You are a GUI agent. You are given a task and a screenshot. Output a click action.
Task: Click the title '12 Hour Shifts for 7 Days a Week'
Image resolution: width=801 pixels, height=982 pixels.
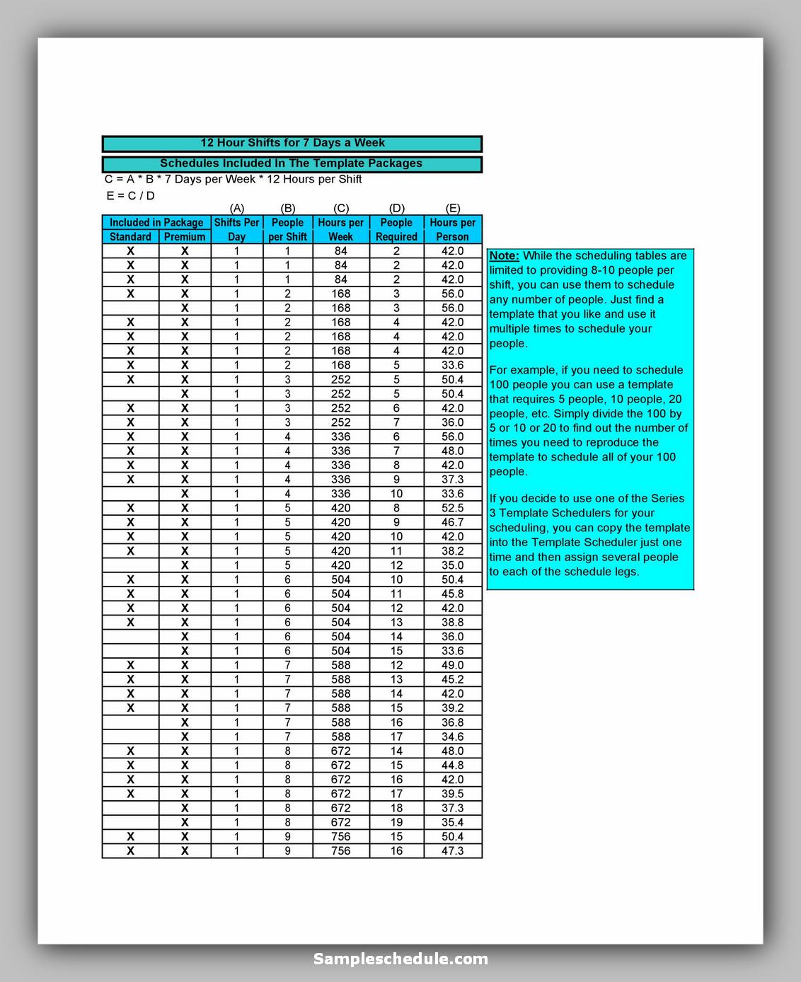point(292,143)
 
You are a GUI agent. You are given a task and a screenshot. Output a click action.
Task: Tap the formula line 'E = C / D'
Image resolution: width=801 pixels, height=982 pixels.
point(130,195)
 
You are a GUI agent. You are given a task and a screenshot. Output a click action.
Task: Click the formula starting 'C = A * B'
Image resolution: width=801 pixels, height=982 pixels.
point(233,179)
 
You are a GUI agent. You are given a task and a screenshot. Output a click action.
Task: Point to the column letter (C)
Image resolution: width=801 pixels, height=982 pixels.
point(341,208)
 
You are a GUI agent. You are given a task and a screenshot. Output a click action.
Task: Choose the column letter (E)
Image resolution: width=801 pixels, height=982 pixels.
point(453,208)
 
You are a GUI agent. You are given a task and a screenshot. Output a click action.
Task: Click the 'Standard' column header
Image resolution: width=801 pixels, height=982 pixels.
point(130,237)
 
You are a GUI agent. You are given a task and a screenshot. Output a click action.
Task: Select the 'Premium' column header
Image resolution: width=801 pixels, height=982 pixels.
point(185,237)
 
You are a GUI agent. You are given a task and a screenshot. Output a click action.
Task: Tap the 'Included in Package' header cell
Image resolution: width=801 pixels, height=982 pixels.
point(156,222)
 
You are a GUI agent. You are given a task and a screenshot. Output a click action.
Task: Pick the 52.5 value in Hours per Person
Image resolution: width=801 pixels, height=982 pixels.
point(453,508)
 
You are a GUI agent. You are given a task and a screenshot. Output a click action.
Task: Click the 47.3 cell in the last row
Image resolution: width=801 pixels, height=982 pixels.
point(453,851)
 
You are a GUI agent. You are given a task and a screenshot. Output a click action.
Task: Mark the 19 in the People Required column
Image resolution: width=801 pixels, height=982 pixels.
point(396,822)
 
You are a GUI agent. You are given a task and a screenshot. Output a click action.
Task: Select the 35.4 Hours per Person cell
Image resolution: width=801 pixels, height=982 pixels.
point(453,822)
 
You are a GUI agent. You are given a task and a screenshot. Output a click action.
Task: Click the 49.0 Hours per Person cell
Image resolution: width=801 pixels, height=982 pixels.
point(453,665)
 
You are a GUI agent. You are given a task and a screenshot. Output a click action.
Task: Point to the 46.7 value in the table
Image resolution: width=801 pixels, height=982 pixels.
point(453,522)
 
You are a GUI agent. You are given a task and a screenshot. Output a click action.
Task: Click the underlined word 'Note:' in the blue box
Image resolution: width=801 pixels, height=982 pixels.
point(505,256)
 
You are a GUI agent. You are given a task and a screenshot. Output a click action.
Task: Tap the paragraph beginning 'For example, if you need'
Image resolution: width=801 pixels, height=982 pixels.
point(588,421)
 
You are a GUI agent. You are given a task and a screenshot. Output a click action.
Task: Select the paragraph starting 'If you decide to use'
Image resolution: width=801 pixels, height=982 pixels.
point(589,535)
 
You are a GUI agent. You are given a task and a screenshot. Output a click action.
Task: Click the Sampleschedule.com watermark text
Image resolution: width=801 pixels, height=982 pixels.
point(400,959)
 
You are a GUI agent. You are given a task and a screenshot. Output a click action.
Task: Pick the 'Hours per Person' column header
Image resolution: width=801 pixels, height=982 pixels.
point(453,229)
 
